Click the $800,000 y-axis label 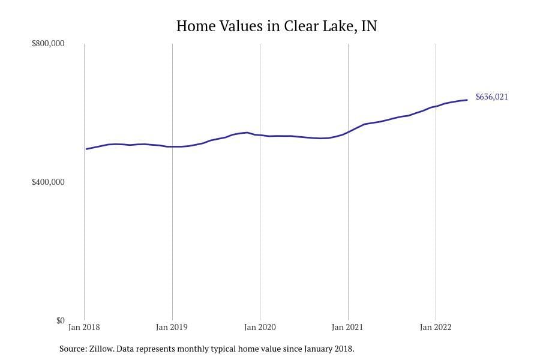pyautogui.click(x=48, y=44)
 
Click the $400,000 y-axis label pyautogui.click(x=48, y=182)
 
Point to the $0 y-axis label pyautogui.click(x=60, y=320)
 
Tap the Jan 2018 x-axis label pyautogui.click(x=85, y=328)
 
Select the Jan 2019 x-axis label pyautogui.click(x=172, y=328)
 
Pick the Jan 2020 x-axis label pyautogui.click(x=260, y=328)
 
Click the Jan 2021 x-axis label pyautogui.click(x=348, y=328)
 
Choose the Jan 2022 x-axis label pyautogui.click(x=436, y=328)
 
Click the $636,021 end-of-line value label pyautogui.click(x=492, y=97)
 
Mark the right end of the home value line pyautogui.click(x=467, y=100)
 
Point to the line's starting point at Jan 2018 pyautogui.click(x=86, y=149)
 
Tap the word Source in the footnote pyautogui.click(x=72, y=349)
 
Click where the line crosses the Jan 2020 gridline pyautogui.click(x=260, y=135)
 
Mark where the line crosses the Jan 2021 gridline pyautogui.click(x=348, y=131)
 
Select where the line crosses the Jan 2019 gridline pyautogui.click(x=172, y=146)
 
